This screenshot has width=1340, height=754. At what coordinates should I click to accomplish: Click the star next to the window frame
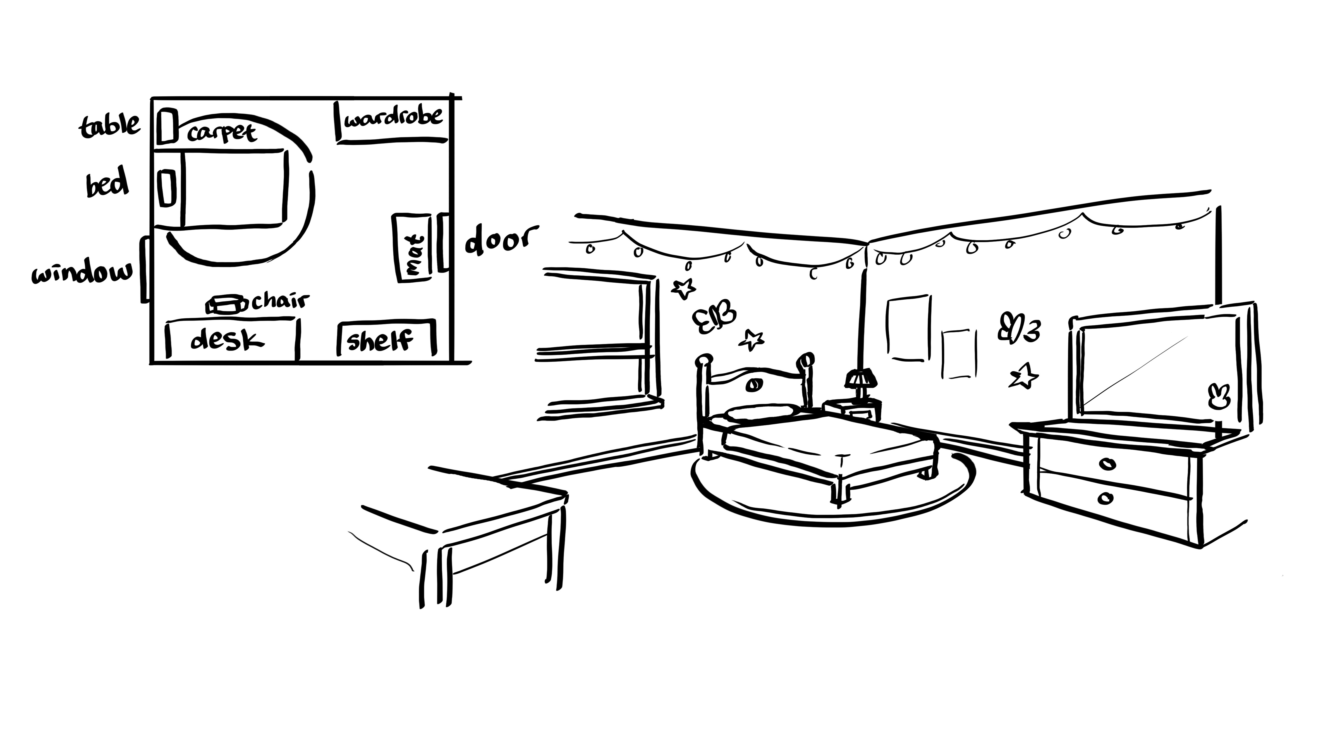point(683,288)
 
